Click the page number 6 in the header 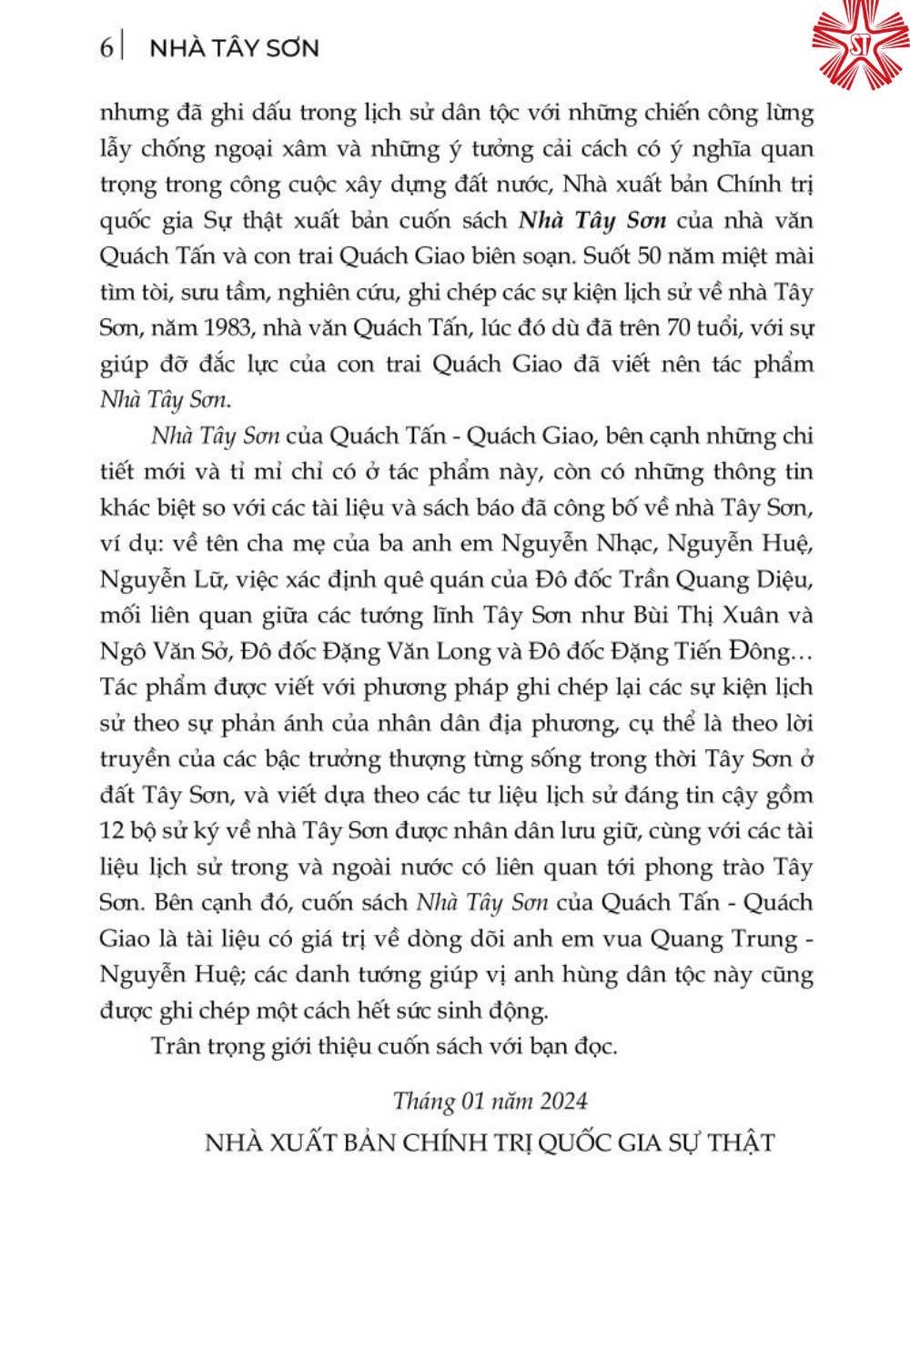pos(106,47)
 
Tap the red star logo pos(859,45)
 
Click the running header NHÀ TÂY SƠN pos(234,48)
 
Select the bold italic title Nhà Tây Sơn pos(592,220)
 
